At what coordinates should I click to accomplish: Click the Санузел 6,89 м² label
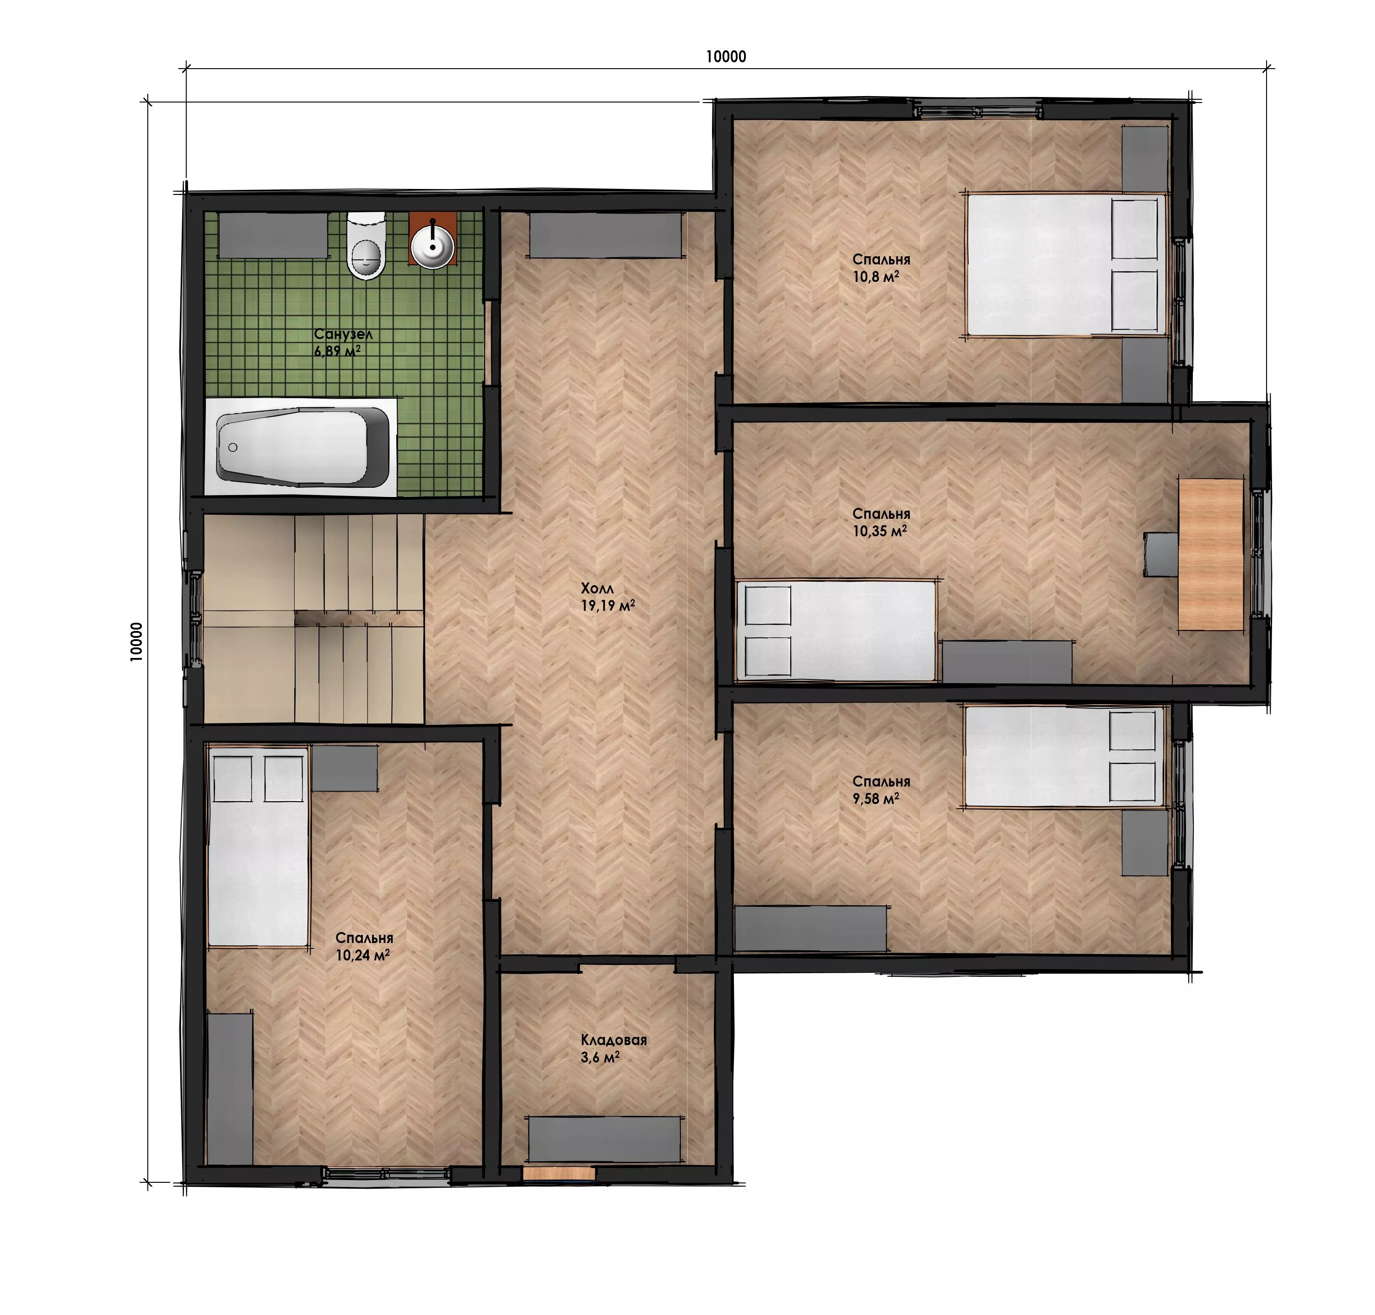[343, 343]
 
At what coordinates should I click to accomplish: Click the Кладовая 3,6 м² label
[613, 1049]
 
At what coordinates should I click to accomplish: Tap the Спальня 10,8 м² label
[881, 268]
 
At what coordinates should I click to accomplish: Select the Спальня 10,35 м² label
[881, 522]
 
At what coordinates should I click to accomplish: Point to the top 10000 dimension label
[725, 57]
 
